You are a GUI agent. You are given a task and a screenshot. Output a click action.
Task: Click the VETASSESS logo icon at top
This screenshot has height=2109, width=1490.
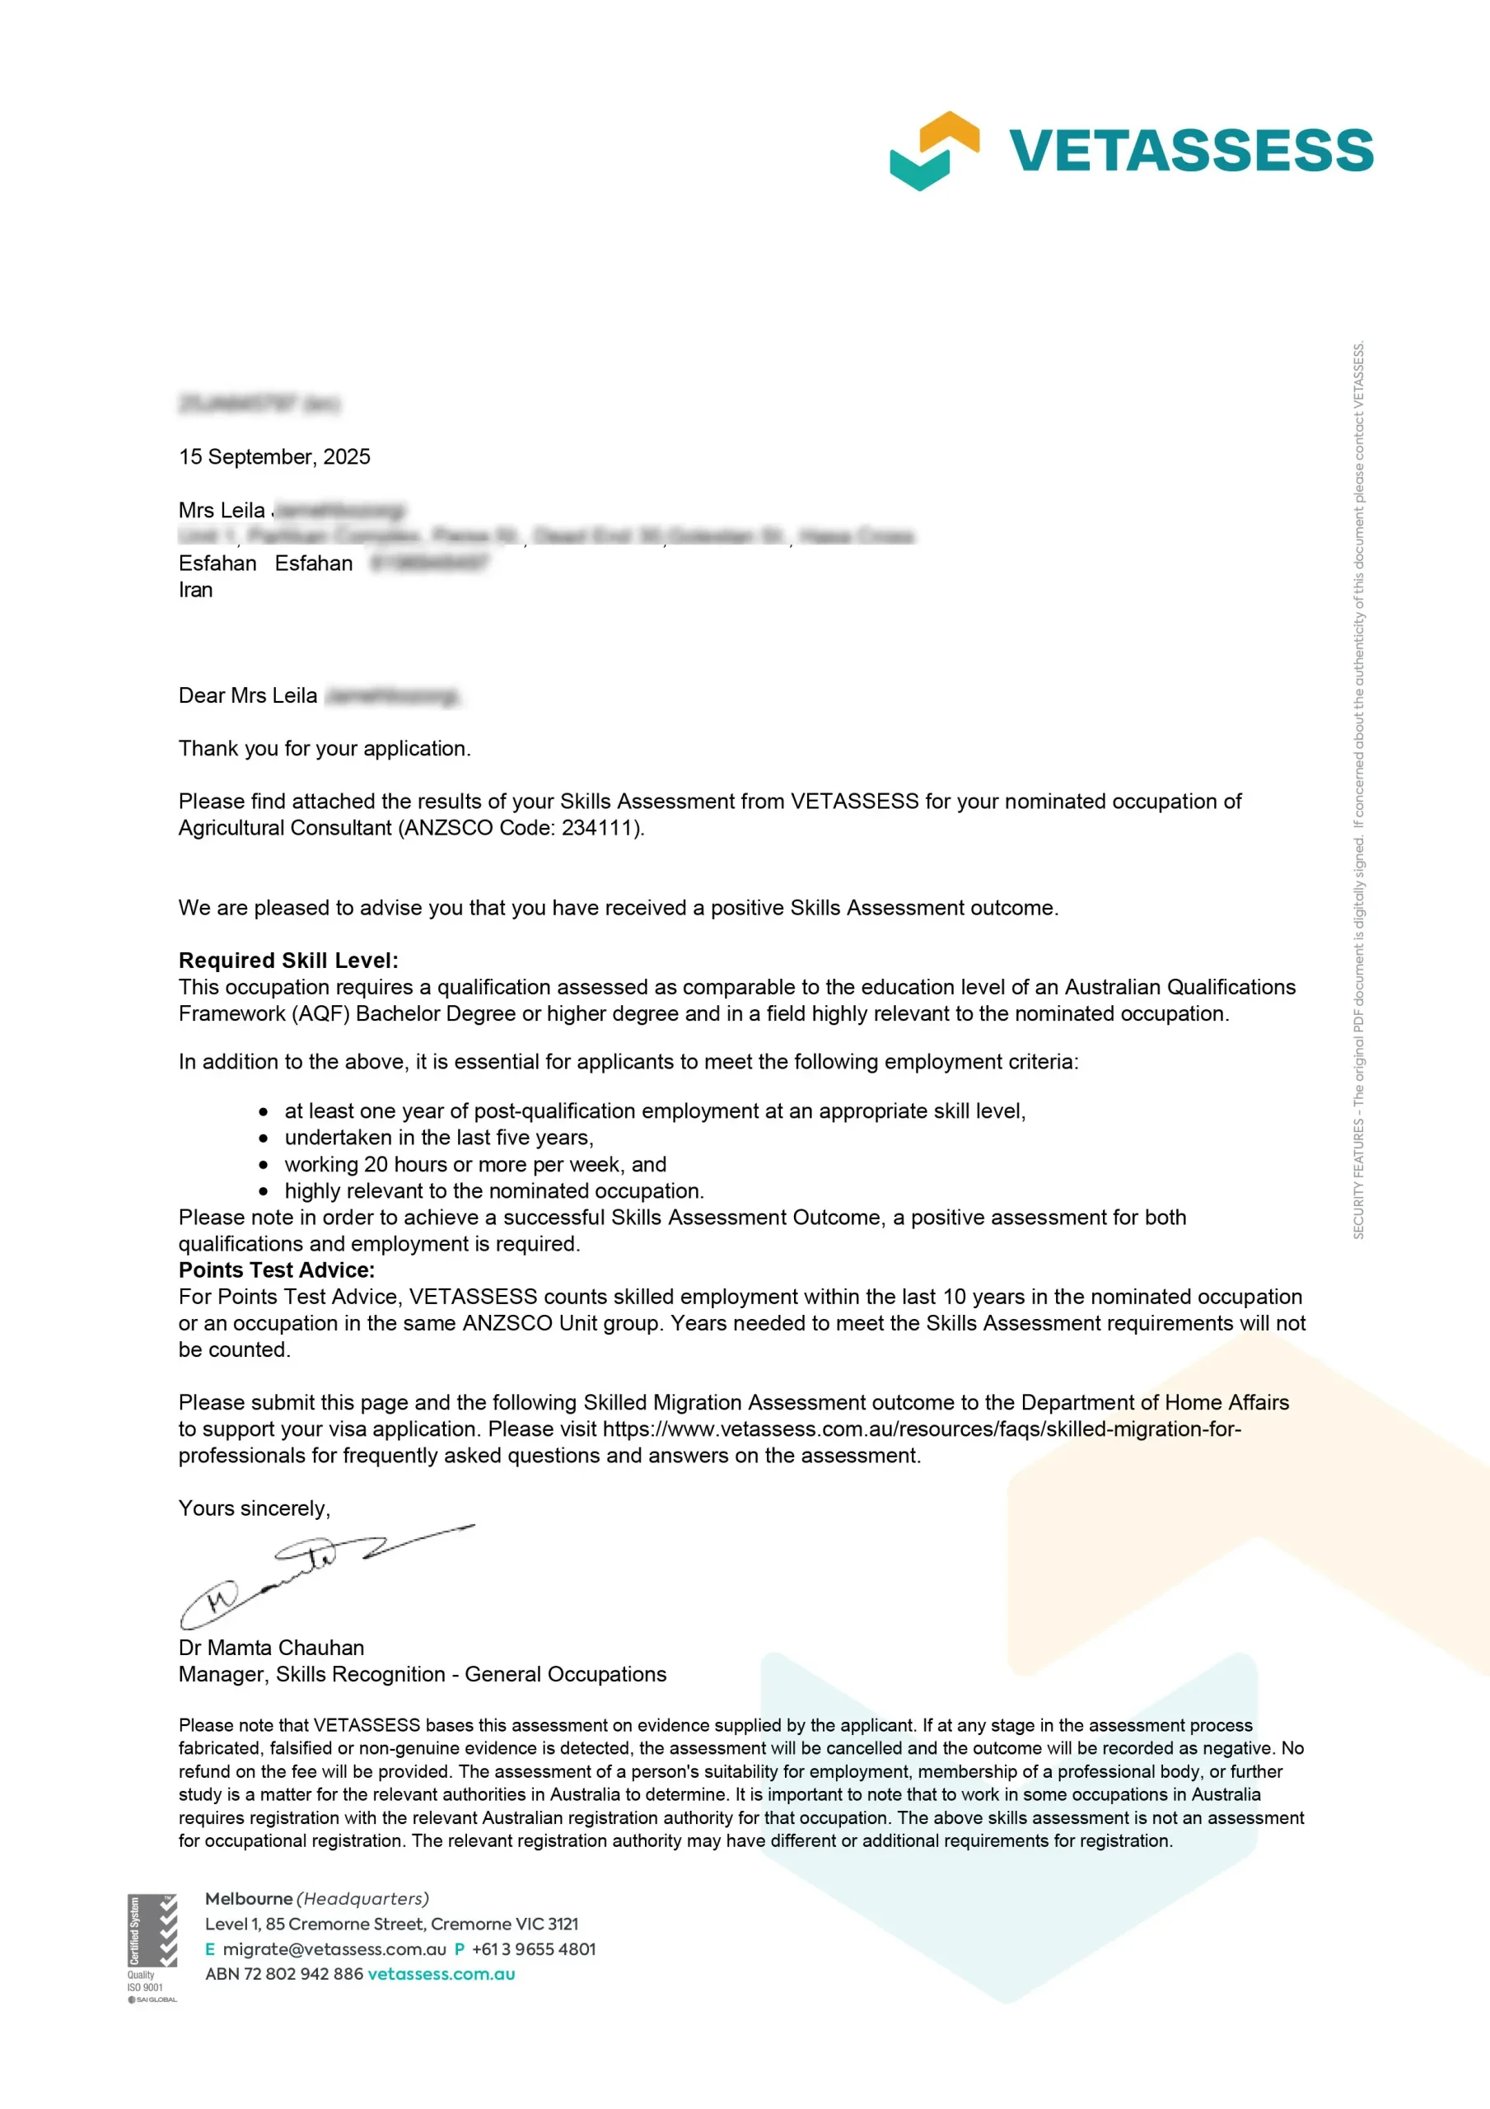933,151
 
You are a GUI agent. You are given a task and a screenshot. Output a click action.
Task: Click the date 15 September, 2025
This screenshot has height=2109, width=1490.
273,456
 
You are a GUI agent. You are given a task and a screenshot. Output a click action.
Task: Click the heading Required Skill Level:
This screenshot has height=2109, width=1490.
288,960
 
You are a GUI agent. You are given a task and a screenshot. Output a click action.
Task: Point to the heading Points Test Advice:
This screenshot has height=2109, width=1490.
277,1270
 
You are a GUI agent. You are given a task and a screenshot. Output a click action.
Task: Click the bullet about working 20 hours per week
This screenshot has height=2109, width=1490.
475,1164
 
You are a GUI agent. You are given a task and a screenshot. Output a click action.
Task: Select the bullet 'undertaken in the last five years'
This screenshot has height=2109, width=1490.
438,1137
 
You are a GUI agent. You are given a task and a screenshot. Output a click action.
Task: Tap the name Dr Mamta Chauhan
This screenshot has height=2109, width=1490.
271,1647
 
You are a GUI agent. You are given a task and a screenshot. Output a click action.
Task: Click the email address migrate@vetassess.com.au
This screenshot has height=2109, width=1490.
334,1948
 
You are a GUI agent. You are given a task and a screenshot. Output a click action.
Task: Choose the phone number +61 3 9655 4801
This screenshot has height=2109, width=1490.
533,1948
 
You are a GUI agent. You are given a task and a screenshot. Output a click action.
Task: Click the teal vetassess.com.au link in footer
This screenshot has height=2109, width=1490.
441,1973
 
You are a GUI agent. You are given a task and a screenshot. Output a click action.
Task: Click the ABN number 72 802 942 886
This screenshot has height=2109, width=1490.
303,1973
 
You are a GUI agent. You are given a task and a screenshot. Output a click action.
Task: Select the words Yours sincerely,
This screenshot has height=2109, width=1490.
255,1508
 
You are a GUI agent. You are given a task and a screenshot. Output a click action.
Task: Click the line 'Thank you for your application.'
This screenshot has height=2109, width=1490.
325,748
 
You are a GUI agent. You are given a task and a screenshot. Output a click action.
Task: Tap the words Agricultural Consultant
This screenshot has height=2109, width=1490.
285,828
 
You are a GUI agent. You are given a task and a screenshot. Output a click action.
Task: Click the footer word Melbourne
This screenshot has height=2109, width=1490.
248,1898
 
